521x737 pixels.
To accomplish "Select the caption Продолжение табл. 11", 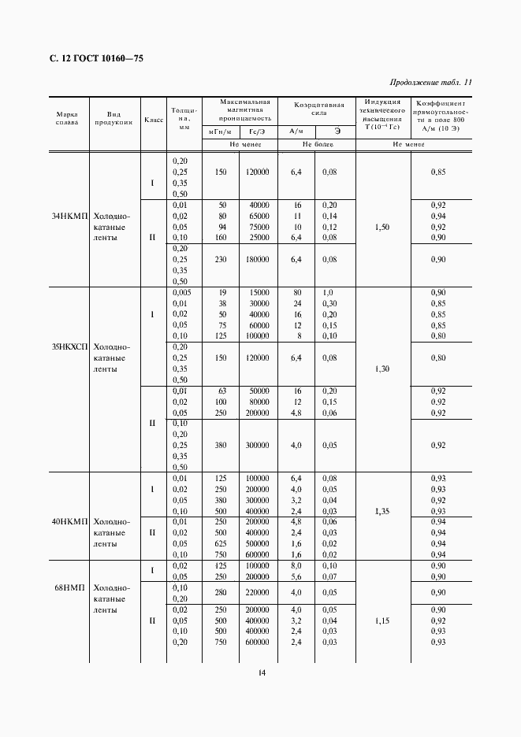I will [x=430, y=83].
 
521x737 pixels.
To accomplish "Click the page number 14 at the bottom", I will [x=262, y=672].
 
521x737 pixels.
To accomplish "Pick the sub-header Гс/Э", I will [x=257, y=131].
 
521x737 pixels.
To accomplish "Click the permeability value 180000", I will [x=256, y=259].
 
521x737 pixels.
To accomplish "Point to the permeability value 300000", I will [x=256, y=445].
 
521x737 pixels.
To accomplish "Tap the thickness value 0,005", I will [x=181, y=293].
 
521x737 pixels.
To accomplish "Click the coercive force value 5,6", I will [x=296, y=576].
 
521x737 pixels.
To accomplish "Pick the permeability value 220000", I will [x=256, y=592].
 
